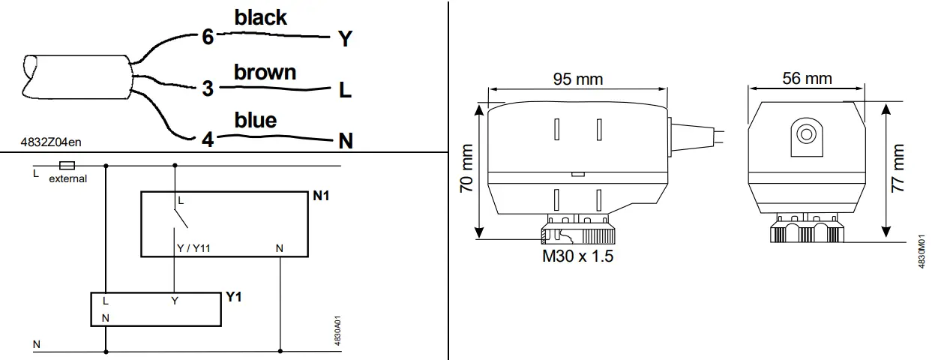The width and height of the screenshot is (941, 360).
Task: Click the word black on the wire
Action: (x=260, y=18)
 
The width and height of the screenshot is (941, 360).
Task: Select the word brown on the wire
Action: (x=265, y=72)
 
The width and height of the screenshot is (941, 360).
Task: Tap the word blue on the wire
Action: (x=255, y=120)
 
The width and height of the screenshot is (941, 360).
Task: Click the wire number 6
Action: (x=208, y=37)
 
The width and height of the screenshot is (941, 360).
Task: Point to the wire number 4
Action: (x=208, y=139)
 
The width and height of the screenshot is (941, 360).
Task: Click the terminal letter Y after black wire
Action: (x=344, y=40)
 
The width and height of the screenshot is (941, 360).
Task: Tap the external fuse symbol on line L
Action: (x=67, y=164)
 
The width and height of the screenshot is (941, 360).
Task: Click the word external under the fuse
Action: (x=68, y=178)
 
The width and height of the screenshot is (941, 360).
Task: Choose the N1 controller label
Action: (x=321, y=196)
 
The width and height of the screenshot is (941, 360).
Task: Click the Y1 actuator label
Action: (x=234, y=297)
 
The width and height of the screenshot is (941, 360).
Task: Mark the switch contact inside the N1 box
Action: (x=178, y=217)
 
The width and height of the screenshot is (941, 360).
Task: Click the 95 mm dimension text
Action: (x=577, y=79)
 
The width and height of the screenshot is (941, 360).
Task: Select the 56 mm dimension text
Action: (x=807, y=78)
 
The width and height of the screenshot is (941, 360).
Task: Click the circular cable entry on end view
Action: (x=807, y=135)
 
